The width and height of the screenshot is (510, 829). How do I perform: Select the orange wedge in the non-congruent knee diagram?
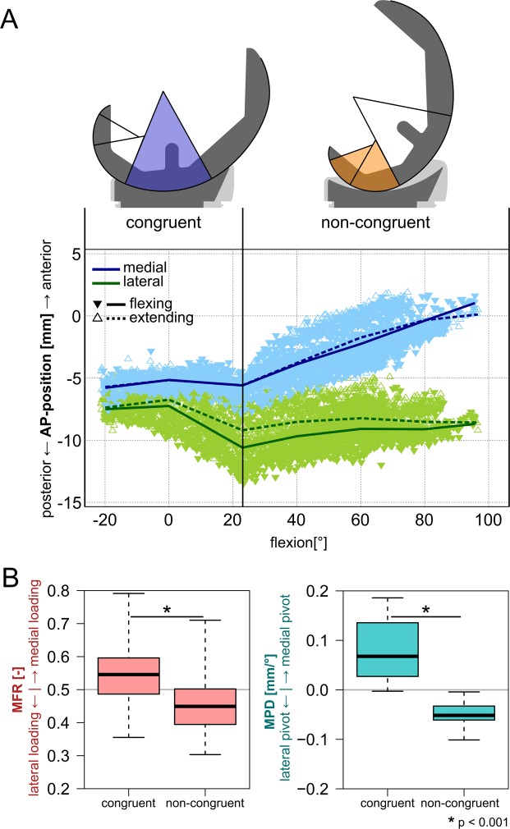[368, 168]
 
